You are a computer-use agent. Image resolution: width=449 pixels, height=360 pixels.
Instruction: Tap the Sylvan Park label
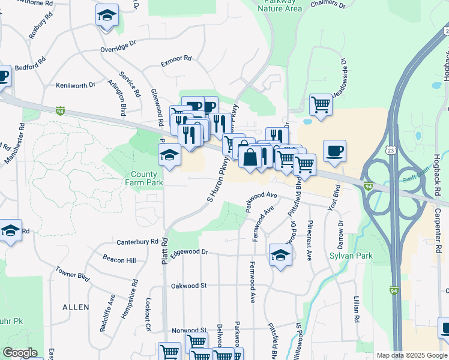(x=351, y=256)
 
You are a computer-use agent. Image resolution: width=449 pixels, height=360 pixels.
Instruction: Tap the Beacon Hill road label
(x=119, y=260)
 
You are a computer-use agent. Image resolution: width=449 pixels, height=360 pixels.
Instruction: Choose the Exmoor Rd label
(x=176, y=59)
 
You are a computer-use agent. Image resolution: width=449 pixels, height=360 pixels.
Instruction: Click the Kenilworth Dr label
(x=76, y=85)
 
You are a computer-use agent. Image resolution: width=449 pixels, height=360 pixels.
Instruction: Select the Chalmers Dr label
(x=328, y=5)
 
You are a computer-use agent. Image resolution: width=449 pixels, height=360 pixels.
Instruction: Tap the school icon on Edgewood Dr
(x=280, y=254)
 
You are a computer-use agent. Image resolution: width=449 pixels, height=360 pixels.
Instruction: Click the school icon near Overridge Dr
(x=107, y=15)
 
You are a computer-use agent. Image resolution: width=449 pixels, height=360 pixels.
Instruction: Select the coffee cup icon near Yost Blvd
(x=334, y=151)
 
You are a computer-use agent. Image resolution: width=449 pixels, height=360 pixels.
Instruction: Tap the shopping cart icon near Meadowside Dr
(x=321, y=104)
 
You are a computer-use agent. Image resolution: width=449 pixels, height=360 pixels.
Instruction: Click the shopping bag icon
(x=250, y=157)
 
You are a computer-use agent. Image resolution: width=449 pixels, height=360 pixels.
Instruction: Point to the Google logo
(x=20, y=353)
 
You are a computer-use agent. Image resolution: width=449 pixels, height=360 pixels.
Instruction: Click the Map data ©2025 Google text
(x=412, y=355)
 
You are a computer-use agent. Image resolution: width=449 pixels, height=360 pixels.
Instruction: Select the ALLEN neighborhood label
(x=76, y=307)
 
